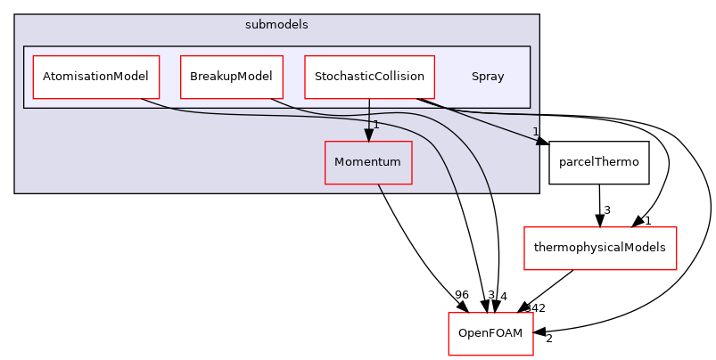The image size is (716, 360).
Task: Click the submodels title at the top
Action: click(x=276, y=24)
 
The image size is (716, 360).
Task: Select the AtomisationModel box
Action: click(x=95, y=77)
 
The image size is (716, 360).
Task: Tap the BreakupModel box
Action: click(x=231, y=77)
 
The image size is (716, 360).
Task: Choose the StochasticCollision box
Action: click(x=368, y=77)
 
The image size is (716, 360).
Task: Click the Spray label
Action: click(x=488, y=77)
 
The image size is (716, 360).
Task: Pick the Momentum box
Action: click(x=367, y=162)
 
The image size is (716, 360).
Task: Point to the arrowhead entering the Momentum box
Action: click(x=368, y=135)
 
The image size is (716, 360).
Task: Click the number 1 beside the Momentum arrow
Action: click(x=376, y=125)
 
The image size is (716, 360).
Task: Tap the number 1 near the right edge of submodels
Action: click(x=535, y=132)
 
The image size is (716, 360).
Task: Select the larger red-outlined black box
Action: click(x=599, y=249)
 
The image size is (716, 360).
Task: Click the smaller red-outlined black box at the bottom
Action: click(x=490, y=333)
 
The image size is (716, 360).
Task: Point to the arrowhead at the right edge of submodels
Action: click(x=538, y=141)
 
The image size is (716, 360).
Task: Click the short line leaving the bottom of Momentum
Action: click(x=380, y=189)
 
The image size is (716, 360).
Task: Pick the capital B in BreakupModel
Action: click(x=193, y=77)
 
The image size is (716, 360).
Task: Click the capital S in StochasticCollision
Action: click(x=317, y=77)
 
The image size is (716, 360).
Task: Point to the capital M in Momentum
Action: click(x=340, y=162)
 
